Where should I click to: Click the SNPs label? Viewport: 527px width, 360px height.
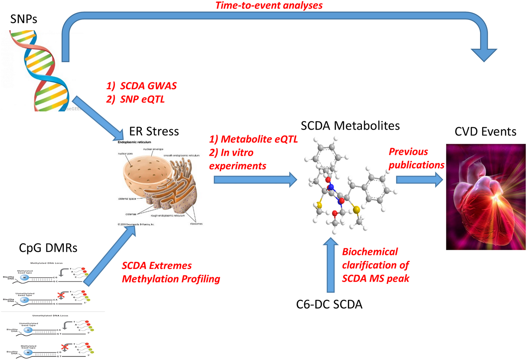[24, 19]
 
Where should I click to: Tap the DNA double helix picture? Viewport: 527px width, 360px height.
[38, 71]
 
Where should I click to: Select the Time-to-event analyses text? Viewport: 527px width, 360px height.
[269, 5]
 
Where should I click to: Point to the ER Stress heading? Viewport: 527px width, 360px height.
[154, 131]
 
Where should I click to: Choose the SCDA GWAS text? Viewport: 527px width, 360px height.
[148, 86]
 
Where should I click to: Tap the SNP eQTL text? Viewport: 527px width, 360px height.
[142, 99]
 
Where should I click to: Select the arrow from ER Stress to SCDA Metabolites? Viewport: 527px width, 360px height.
[255, 180]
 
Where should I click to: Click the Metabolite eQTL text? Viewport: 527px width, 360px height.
[259, 139]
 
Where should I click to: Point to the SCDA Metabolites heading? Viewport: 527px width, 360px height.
[350, 126]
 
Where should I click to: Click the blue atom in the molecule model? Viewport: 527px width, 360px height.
[331, 187]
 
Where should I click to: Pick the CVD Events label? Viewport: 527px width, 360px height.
[485, 132]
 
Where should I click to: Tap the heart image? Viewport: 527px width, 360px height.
[486, 197]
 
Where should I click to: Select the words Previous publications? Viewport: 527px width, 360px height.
[416, 158]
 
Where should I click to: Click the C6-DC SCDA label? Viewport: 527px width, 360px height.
[329, 304]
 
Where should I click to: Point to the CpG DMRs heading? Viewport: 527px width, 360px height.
[48, 248]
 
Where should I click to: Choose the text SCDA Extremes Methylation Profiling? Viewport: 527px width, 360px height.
[171, 272]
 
